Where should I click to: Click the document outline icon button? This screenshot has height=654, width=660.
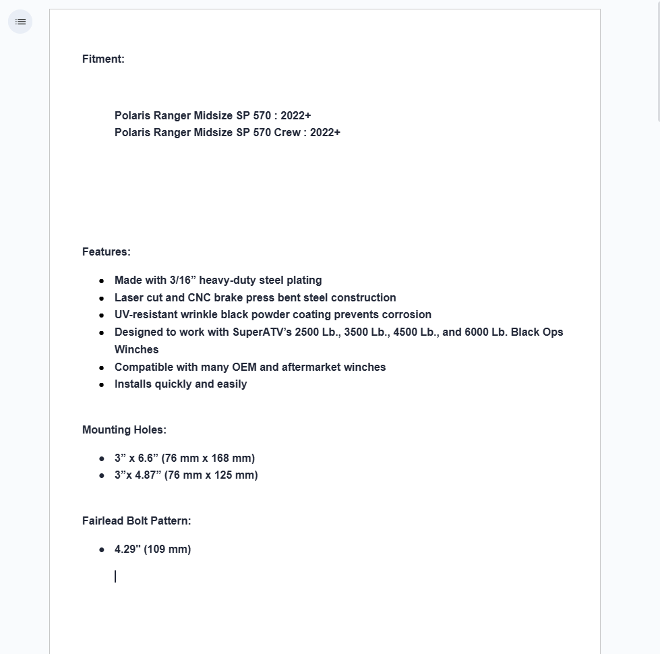pos(20,22)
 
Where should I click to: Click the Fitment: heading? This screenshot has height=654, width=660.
pos(103,59)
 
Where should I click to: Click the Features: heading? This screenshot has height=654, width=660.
pos(106,252)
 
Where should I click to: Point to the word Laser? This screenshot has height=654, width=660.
pos(129,298)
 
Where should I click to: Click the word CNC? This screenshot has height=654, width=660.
pos(199,298)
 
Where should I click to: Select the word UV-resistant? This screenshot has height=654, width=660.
pos(146,315)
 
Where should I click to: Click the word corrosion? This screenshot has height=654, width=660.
pos(407,315)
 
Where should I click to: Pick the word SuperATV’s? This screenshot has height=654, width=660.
pos(262,332)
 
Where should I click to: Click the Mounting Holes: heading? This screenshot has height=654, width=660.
pos(124,430)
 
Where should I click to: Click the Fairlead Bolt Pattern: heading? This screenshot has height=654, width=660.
pos(136,521)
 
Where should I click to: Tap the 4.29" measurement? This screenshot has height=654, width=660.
pos(127,549)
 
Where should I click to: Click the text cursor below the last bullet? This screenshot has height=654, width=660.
pos(115,576)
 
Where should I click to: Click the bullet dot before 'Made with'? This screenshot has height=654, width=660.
pos(102,280)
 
